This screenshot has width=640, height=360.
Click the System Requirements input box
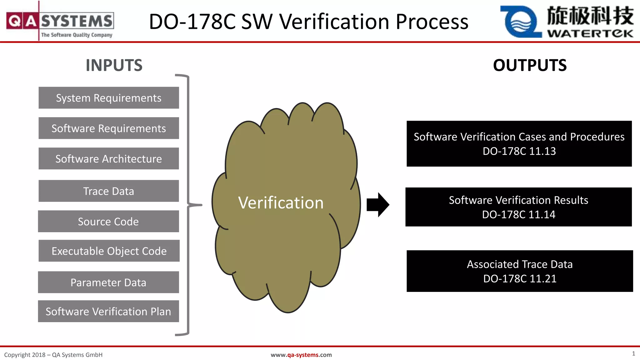(x=109, y=98)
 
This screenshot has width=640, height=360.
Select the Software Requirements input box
(x=109, y=128)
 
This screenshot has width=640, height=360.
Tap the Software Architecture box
(x=109, y=158)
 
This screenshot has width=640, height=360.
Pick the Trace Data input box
(x=109, y=191)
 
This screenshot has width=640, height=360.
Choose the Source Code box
(x=108, y=221)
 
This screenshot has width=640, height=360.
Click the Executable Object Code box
(x=109, y=251)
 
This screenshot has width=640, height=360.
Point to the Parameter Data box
(x=108, y=282)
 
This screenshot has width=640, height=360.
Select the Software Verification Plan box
(x=108, y=311)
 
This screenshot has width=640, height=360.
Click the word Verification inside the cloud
(x=281, y=203)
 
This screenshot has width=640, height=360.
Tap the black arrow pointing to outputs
(x=378, y=205)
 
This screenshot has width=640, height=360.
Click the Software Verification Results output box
(x=518, y=207)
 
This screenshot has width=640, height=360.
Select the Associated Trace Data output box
(x=520, y=271)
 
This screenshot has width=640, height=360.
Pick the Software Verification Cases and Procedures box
(x=519, y=144)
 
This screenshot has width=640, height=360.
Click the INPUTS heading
(x=114, y=65)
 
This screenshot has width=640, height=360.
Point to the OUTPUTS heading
(x=530, y=65)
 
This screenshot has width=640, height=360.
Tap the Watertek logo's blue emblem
(x=521, y=22)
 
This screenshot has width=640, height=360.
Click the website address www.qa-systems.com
(x=301, y=355)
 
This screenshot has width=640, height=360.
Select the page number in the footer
(x=633, y=353)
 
